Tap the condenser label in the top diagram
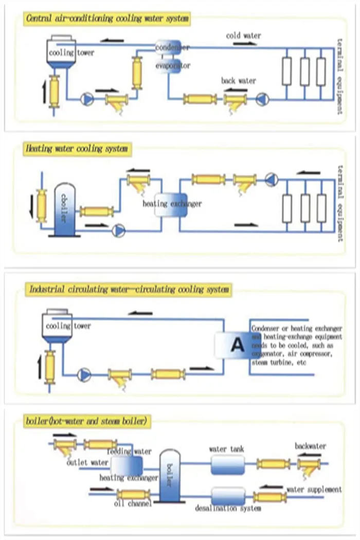(172, 47)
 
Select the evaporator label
(173, 66)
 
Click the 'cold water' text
(243, 35)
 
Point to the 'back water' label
(238, 81)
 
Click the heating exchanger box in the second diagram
(171, 204)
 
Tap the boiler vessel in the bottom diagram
(171, 476)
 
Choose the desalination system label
(228, 508)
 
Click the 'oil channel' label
(133, 504)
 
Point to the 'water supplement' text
(314, 489)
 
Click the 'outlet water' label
(87, 462)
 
